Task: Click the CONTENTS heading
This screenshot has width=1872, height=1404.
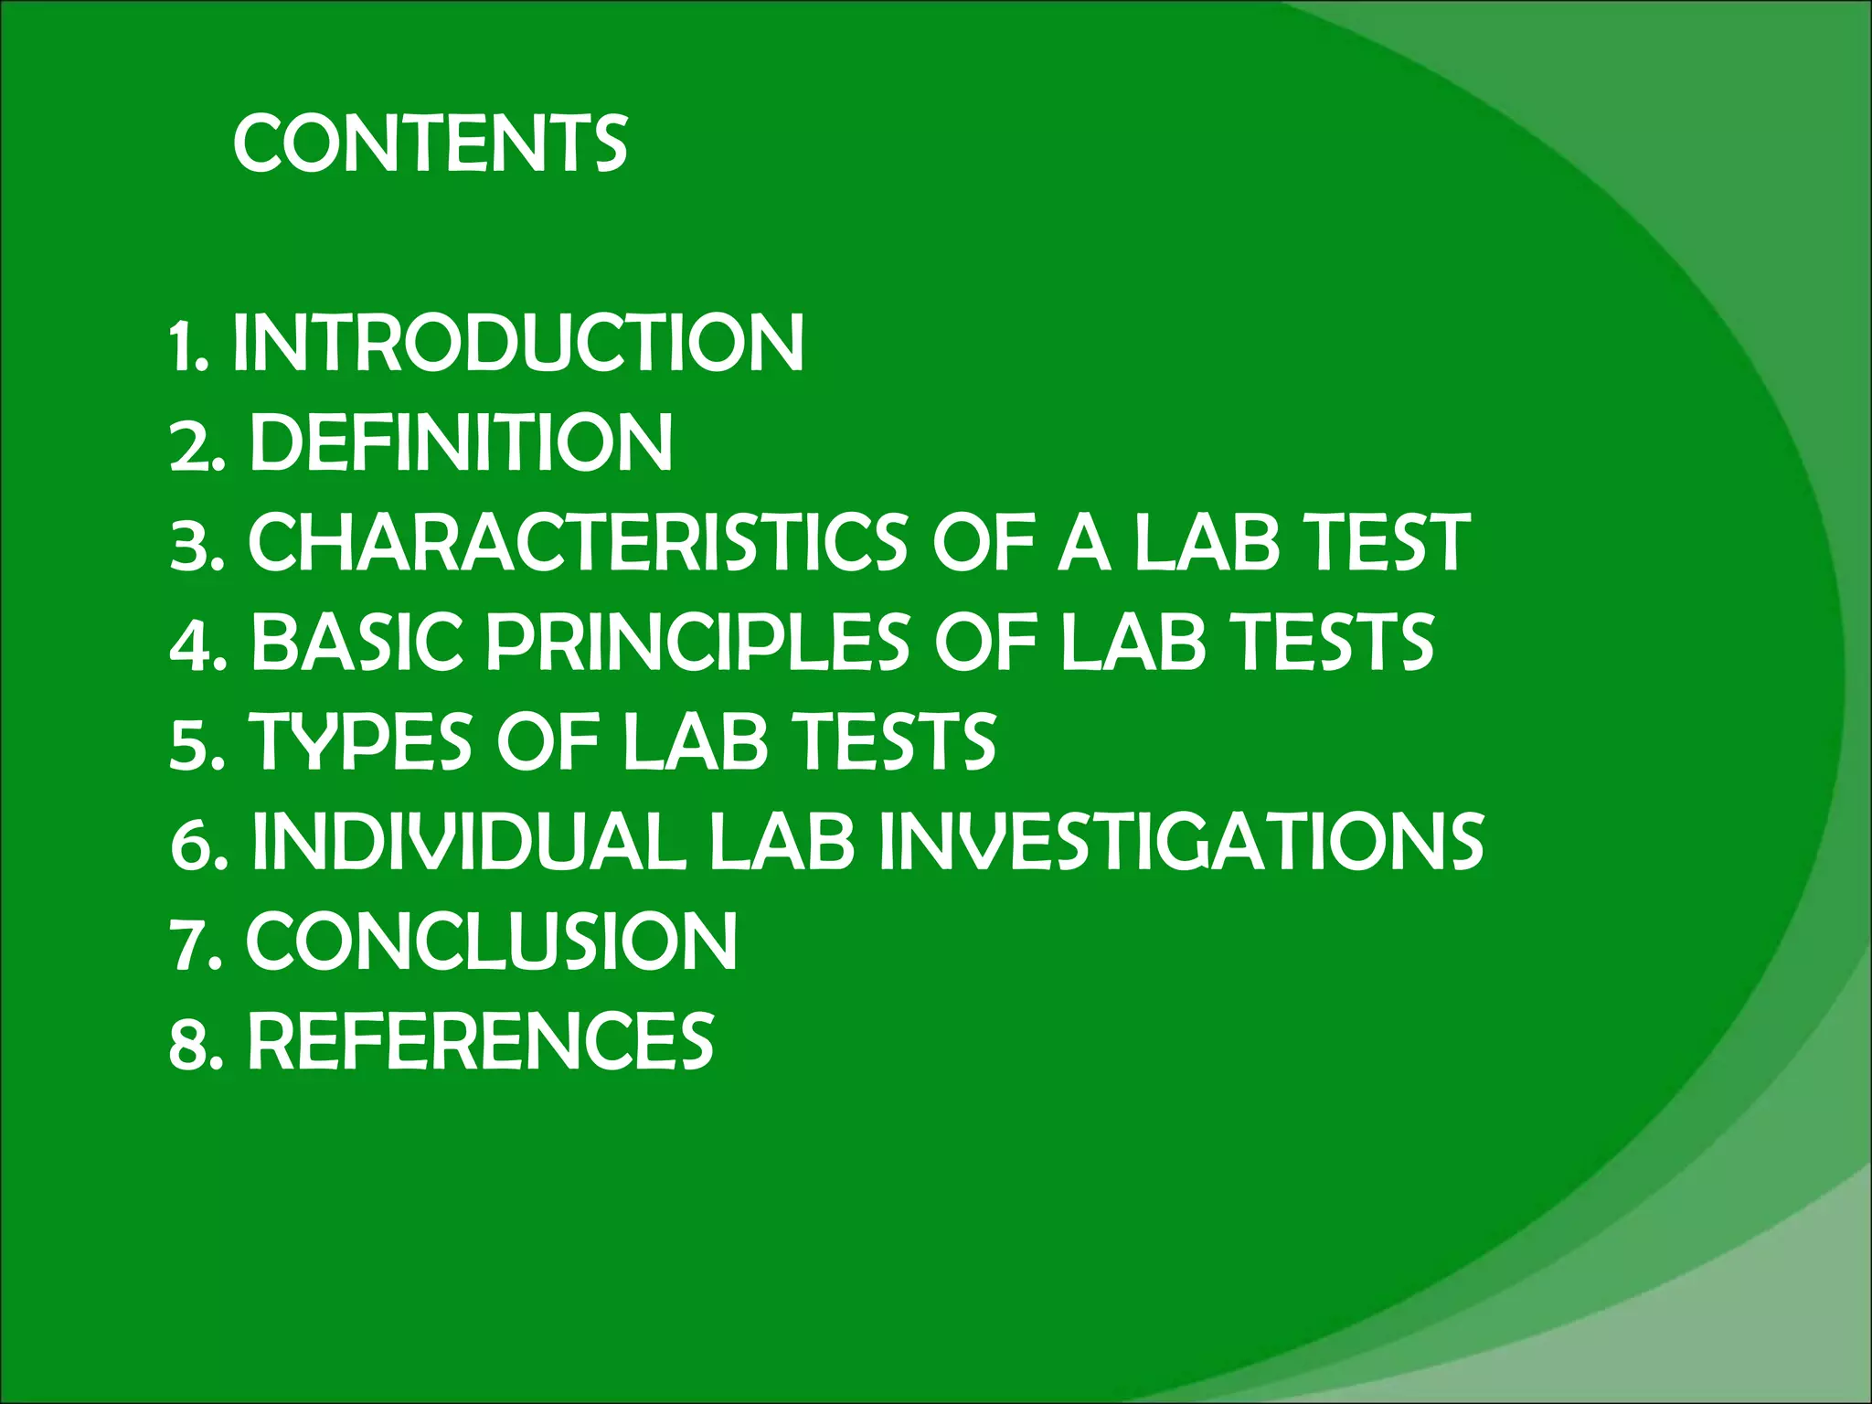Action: [x=431, y=144]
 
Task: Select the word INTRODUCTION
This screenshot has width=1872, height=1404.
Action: [x=518, y=343]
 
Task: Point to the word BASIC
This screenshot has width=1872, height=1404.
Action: [x=356, y=642]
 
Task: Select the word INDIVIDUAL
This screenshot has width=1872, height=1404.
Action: [x=468, y=841]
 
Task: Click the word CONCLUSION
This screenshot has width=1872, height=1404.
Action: [x=492, y=941]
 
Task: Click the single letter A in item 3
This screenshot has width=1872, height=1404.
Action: [x=1084, y=542]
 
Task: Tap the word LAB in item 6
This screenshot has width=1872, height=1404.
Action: [x=782, y=841]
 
